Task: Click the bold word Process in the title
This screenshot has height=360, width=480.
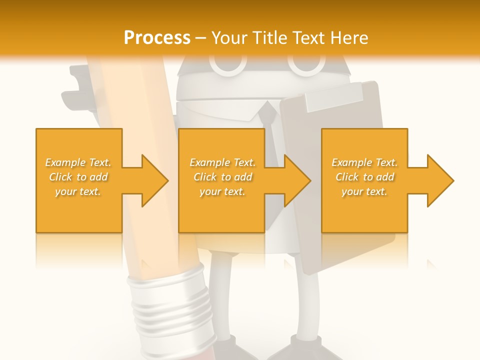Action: point(157,38)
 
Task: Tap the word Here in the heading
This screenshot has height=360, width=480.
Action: point(348,38)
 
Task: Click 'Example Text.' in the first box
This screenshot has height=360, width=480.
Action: point(78,162)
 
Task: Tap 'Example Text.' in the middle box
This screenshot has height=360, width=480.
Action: point(222,162)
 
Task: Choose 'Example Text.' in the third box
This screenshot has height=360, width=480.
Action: point(364,162)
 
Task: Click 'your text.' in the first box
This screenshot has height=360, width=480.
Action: point(78,191)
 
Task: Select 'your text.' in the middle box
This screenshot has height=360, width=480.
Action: point(222,191)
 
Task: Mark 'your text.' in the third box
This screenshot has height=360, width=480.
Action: point(364,191)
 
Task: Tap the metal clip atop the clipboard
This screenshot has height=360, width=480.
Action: point(332,96)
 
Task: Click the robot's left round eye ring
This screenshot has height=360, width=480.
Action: point(228,65)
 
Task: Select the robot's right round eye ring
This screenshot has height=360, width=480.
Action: point(306,65)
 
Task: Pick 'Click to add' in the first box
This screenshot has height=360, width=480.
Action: point(78,177)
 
